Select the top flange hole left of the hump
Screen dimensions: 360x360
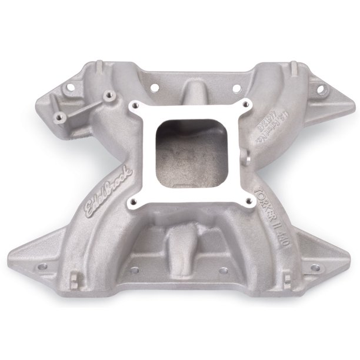(154, 88)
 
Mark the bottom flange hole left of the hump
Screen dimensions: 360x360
(135, 271)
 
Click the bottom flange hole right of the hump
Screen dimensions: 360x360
(223, 271)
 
